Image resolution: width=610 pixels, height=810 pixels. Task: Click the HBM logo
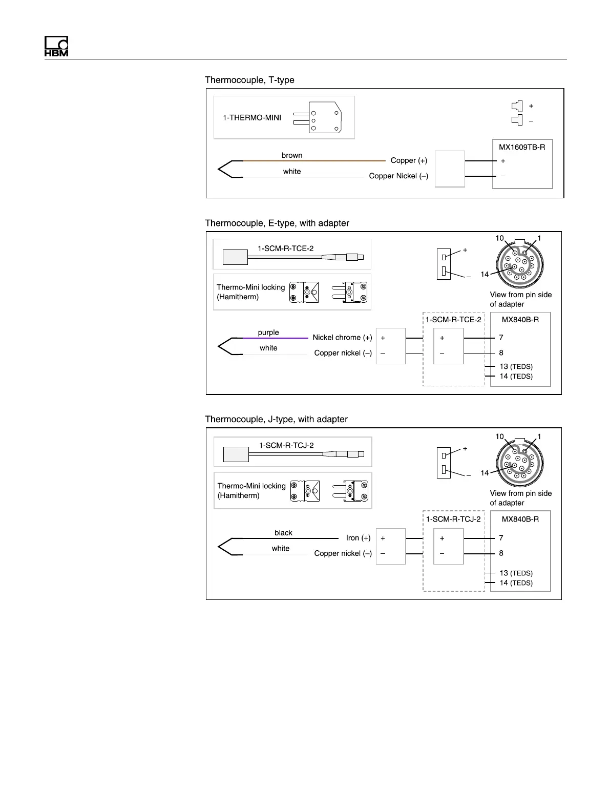pos(56,47)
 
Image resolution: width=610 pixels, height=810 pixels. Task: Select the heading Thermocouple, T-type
pos(249,80)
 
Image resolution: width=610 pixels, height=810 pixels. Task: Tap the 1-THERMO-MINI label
pos(251,117)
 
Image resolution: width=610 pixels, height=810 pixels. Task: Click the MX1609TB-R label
pos(522,147)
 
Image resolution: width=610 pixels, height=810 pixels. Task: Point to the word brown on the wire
pos(292,155)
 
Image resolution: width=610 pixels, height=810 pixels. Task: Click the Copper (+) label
pos(409,160)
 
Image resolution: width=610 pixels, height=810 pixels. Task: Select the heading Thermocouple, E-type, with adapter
pos(277,223)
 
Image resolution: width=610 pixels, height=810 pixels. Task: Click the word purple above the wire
pos(268,333)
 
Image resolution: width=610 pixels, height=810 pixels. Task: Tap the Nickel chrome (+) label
pos(342,338)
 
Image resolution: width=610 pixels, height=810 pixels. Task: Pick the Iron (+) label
pos(358,538)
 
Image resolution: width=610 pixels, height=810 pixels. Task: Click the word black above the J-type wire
pos(283,533)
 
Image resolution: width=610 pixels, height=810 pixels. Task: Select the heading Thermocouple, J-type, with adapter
pos(276,419)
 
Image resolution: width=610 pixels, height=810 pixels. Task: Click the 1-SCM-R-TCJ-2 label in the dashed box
pos(453,519)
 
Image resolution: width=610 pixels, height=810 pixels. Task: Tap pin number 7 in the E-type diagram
pos(501,338)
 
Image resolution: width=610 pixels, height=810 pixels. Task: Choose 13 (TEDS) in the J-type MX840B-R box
pos(516,573)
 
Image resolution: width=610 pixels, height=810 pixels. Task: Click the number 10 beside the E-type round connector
pos(499,238)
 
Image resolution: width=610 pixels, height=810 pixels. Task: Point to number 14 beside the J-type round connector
pos(485,473)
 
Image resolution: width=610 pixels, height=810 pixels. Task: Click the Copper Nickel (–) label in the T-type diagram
pos(398,176)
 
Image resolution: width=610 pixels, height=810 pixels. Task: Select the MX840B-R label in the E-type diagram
pos(520,320)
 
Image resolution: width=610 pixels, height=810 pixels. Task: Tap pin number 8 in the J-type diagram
pos(501,553)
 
